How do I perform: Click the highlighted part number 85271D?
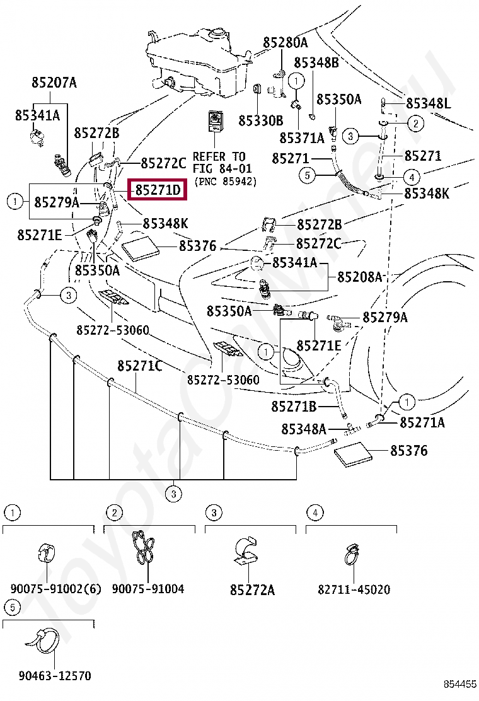[158, 190]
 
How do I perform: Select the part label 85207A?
[54, 82]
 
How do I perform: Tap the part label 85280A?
[286, 42]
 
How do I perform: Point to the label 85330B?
[260, 120]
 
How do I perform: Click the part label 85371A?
[302, 138]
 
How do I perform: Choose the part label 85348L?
[429, 103]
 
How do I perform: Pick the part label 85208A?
[360, 277]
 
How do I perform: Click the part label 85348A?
[304, 429]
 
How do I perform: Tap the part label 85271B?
[294, 407]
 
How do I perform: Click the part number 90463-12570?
[55, 676]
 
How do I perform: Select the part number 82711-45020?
[354, 589]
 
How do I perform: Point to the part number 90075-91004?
[148, 589]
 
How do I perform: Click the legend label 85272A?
[253, 590]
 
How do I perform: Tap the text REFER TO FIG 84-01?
[222, 163]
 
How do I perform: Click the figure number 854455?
[460, 684]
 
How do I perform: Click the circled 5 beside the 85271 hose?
[308, 175]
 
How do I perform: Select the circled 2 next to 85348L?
[416, 123]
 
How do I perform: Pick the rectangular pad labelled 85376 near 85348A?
[353, 455]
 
